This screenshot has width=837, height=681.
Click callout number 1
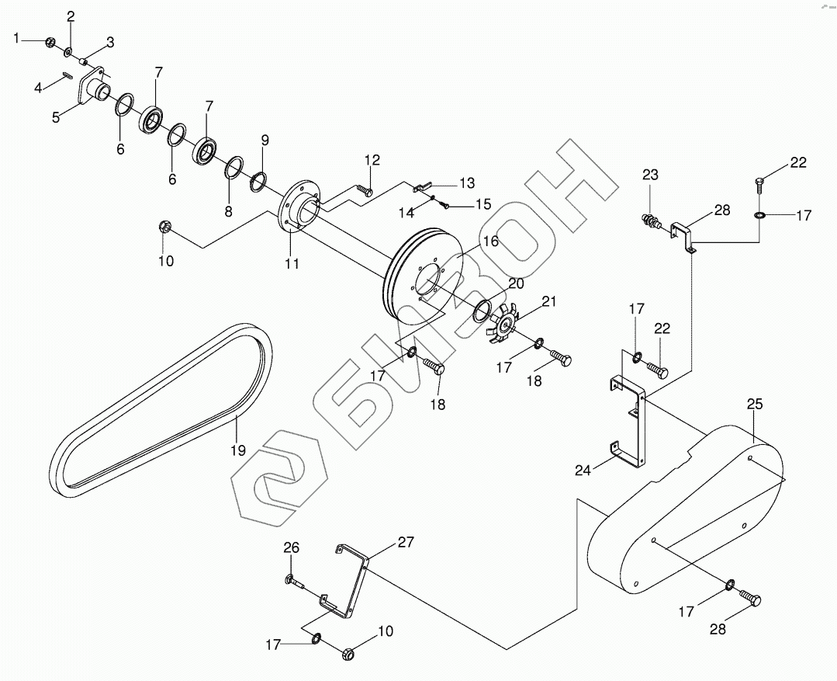tap(16, 39)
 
